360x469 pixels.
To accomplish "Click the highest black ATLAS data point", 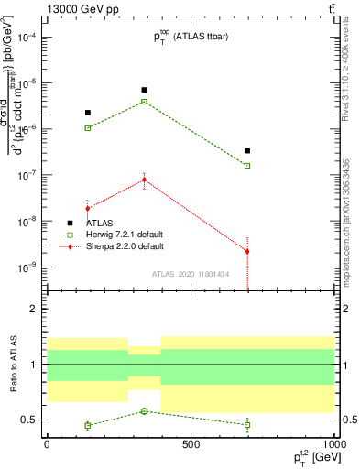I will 145,90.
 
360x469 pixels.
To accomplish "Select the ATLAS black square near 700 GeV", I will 247,151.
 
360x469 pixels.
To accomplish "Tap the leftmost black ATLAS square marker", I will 88,113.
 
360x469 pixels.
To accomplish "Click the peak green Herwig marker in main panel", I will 145,102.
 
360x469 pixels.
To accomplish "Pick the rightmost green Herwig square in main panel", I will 247,166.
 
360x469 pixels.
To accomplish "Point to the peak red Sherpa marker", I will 145,180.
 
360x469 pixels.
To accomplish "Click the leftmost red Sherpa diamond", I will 88,209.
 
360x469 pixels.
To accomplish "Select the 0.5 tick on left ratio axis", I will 31,420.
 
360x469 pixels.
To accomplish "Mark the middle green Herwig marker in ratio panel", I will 145,411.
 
